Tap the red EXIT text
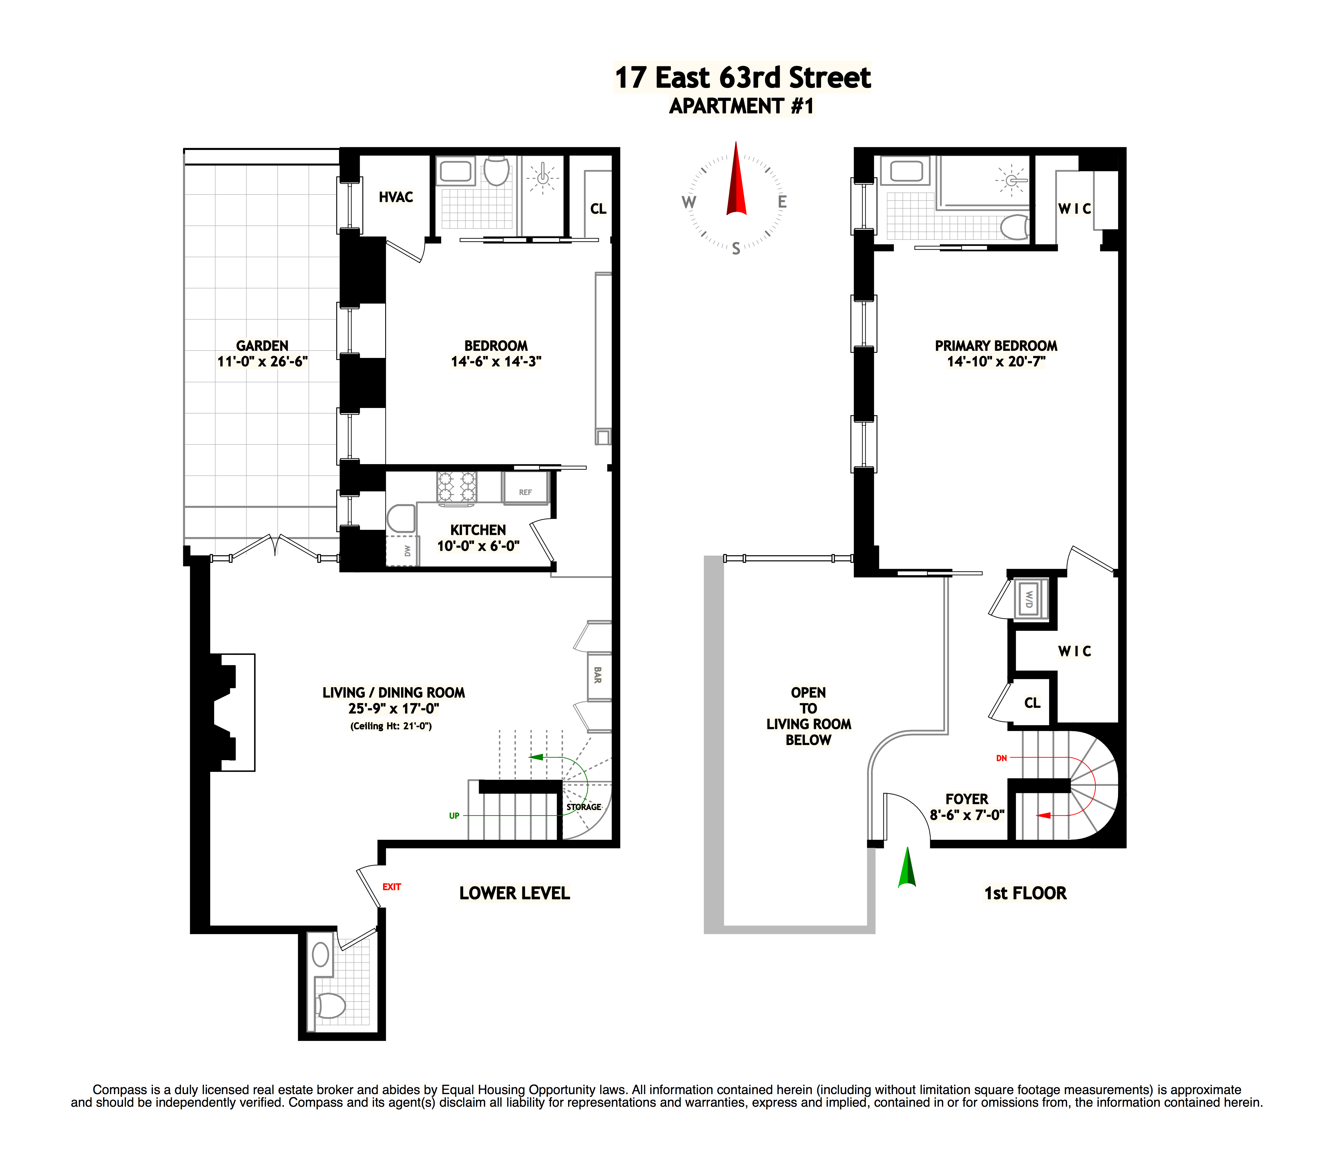(x=391, y=887)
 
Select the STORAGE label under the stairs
(x=583, y=807)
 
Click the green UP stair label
(x=454, y=816)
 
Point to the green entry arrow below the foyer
(x=907, y=868)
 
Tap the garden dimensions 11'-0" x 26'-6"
(x=262, y=361)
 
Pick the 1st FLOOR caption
(x=1025, y=893)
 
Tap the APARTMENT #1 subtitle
(x=742, y=106)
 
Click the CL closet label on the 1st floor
(x=1032, y=703)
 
